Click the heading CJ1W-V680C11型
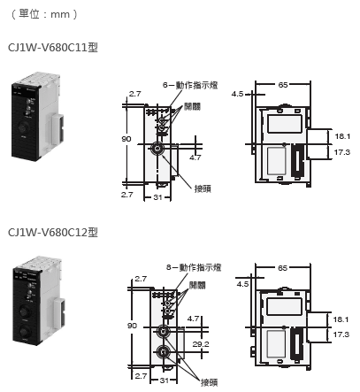coord(53,47)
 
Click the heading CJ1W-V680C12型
coord(53,233)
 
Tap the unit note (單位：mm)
coord(44,14)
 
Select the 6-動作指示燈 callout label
coord(190,85)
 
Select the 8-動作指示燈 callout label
coord(194,267)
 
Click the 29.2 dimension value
coord(201,344)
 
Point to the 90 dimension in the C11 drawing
coord(126,139)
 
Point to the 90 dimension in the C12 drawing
coord(132,326)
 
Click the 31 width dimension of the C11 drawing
coord(158,197)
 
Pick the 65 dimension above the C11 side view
coord(283,85)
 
